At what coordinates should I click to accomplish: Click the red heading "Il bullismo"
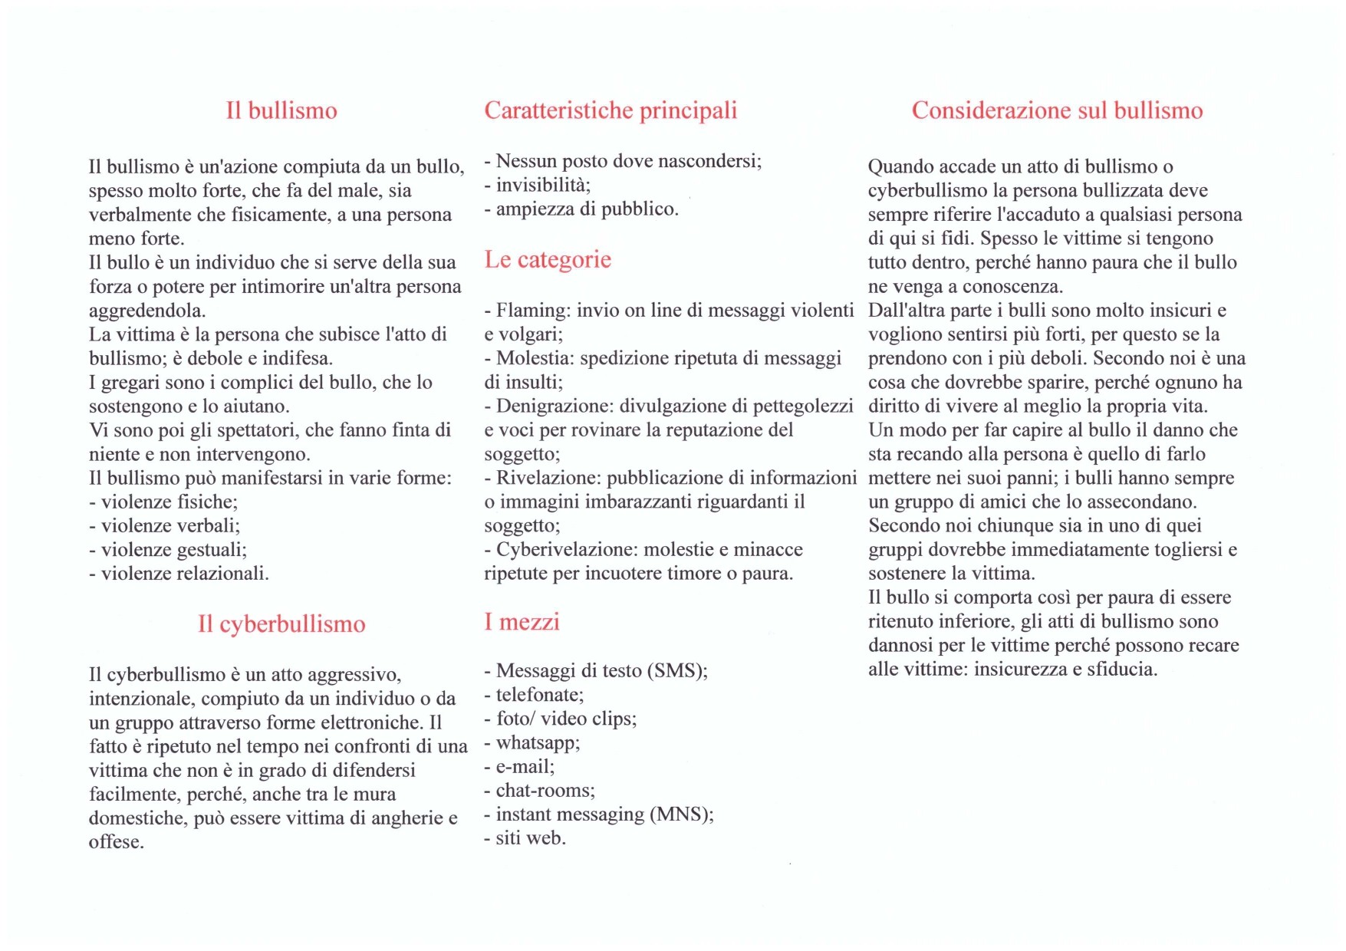281,110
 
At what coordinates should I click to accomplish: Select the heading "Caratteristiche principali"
610,110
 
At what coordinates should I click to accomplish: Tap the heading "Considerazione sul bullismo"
1057,110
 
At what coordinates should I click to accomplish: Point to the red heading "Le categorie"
548,260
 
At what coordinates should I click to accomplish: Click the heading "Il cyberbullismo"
281,624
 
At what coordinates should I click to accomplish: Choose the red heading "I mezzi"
522,621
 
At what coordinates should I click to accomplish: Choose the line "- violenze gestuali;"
168,550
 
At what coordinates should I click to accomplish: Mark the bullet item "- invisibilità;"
538,185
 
